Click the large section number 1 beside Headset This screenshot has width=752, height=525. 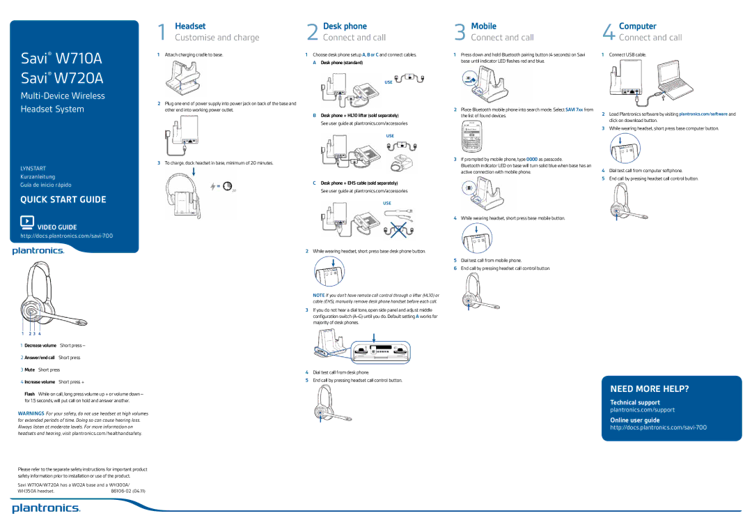162,32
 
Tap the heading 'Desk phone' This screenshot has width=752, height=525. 345,26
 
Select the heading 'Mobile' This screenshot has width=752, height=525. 483,26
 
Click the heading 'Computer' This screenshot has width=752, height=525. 637,26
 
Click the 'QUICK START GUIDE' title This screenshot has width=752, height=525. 63,199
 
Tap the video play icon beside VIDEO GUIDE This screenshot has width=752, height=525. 27,222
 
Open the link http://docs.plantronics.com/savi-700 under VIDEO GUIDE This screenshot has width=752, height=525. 67,236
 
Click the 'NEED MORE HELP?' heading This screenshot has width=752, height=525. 649,388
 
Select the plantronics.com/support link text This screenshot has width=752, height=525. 642,410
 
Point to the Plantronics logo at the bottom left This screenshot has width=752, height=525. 46,508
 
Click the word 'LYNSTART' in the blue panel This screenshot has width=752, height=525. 33,168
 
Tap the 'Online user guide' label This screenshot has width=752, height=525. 634,420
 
